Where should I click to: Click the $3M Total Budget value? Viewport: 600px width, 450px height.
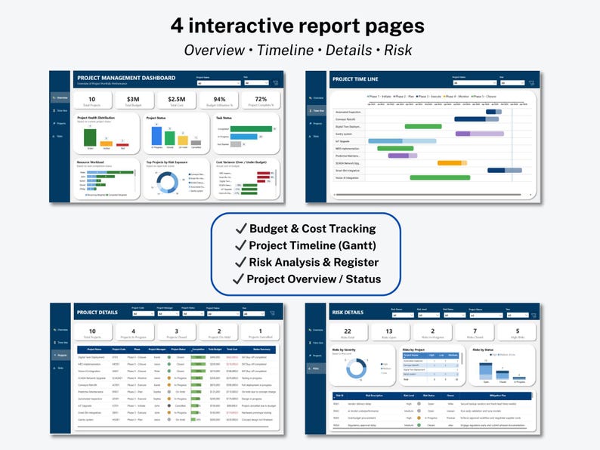(x=133, y=99)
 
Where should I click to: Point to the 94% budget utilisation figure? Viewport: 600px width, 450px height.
(x=219, y=99)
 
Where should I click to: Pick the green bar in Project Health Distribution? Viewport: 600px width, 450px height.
(x=90, y=137)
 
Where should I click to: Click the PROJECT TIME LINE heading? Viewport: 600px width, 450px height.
(x=355, y=79)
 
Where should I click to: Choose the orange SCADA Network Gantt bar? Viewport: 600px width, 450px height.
(x=450, y=162)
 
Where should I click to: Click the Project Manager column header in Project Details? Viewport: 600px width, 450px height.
(x=157, y=349)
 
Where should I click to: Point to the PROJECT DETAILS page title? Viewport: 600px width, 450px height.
(x=97, y=312)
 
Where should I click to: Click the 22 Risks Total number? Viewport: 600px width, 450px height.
(x=348, y=331)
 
